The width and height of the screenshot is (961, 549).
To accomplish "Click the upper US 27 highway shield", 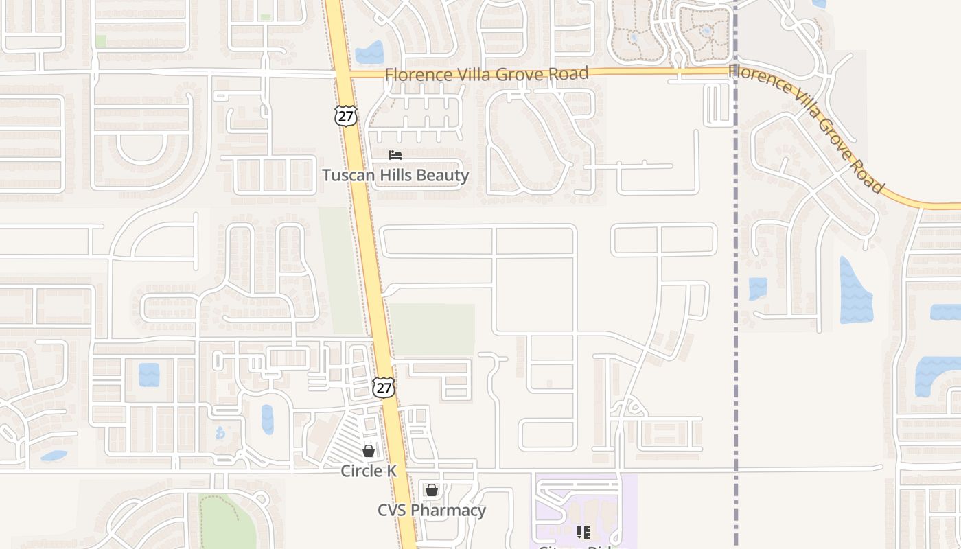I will click(x=346, y=116).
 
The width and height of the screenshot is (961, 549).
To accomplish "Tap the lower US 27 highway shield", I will click(x=384, y=388).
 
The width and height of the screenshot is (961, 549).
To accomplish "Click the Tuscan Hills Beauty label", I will click(x=395, y=176).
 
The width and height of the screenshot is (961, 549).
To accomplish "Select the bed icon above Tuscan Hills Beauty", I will click(x=395, y=155).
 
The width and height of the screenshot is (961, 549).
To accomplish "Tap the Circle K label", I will click(x=369, y=471).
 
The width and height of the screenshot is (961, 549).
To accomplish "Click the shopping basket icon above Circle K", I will click(x=369, y=451).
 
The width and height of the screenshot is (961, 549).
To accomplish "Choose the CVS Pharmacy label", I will click(x=432, y=511).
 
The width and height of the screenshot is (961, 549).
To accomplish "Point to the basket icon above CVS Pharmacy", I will click(x=431, y=490).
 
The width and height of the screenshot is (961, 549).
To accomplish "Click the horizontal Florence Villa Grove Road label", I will click(x=487, y=73).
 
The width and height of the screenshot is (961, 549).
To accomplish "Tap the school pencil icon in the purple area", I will click(x=583, y=533).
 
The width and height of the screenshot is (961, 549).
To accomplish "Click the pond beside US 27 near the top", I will click(x=370, y=53).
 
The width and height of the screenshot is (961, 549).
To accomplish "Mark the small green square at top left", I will click(x=101, y=41).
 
